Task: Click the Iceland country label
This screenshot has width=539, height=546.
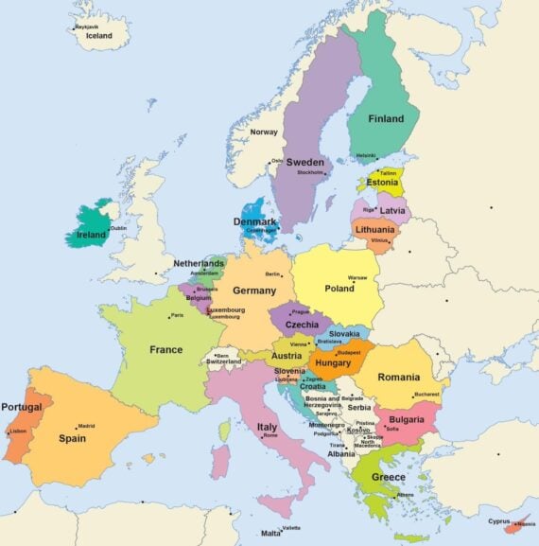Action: tap(99, 36)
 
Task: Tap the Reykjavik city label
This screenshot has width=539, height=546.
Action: tap(87, 26)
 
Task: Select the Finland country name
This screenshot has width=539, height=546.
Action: tap(385, 119)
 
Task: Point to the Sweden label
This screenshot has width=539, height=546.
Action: tap(304, 162)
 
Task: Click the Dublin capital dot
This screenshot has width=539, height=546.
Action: tap(106, 227)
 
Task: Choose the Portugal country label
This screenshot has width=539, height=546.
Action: tap(21, 407)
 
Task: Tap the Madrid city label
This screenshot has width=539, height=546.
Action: tap(86, 426)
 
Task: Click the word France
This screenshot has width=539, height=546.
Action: tap(165, 349)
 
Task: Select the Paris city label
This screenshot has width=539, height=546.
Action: tap(177, 315)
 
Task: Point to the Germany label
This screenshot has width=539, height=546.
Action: tap(253, 291)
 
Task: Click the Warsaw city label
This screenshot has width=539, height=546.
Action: tap(358, 278)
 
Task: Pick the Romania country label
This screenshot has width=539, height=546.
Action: tap(398, 377)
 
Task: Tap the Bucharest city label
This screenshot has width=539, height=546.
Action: tap(426, 394)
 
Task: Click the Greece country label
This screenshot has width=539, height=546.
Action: tap(388, 477)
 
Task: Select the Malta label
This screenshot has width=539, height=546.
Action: tap(270, 534)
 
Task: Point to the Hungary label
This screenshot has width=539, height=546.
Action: tap(333, 362)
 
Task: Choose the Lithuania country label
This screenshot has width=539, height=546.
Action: tap(374, 229)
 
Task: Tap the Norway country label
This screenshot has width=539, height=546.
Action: tap(264, 132)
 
